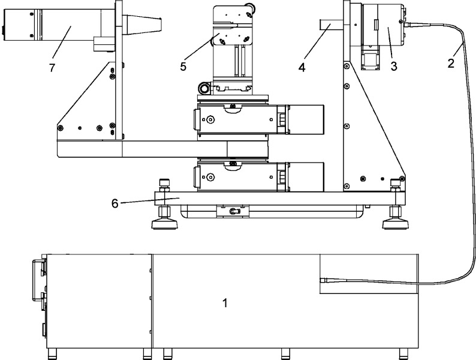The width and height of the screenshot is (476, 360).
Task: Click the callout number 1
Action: [225, 303]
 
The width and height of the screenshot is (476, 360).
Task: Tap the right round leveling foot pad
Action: [394, 223]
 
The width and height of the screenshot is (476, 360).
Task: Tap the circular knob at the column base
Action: [206, 89]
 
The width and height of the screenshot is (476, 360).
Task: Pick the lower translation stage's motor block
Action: [306, 175]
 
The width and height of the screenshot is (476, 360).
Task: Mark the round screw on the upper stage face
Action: [211, 119]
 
